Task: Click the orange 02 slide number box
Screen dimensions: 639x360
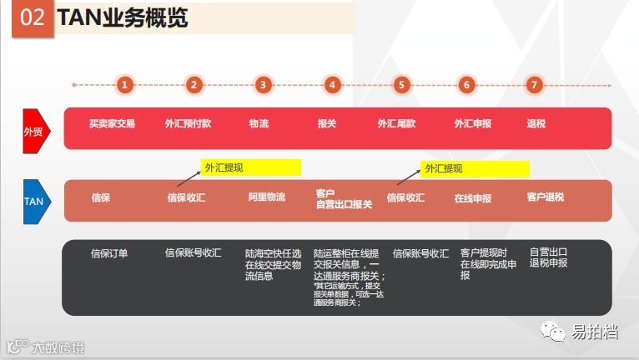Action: (x=33, y=18)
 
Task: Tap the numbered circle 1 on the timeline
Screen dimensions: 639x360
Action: (x=124, y=84)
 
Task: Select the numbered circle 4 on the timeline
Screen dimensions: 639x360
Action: (x=332, y=84)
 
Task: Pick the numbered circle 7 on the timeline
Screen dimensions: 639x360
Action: (x=534, y=84)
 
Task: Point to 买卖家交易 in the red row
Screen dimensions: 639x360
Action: (x=112, y=123)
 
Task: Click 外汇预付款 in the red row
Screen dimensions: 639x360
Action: (x=188, y=123)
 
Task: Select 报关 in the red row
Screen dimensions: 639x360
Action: (x=327, y=123)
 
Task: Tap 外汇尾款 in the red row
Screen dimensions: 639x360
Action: (x=396, y=123)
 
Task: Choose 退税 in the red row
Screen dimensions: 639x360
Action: (x=536, y=123)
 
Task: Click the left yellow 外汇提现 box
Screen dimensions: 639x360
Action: (x=250, y=167)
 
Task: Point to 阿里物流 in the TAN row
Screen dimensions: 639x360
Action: (x=266, y=197)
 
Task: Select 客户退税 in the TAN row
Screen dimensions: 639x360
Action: (x=545, y=197)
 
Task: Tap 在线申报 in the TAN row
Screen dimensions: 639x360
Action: (x=472, y=198)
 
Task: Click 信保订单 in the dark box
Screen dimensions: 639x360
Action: (x=109, y=253)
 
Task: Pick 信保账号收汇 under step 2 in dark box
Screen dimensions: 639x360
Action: (x=193, y=252)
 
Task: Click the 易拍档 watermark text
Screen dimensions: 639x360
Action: (x=594, y=332)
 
